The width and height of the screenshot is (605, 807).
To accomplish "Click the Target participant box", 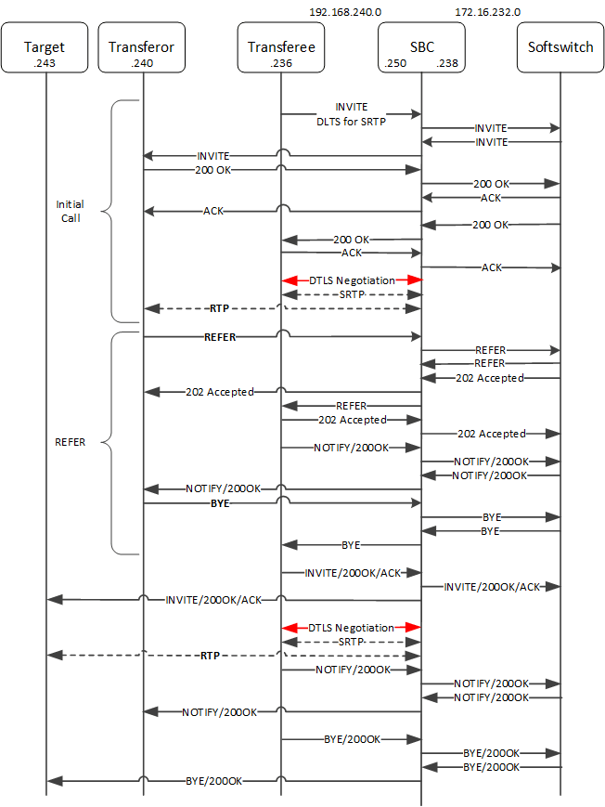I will click(x=45, y=52).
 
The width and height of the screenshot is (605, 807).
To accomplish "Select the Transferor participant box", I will click(x=141, y=52).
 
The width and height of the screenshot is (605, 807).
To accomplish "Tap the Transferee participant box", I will click(x=281, y=52).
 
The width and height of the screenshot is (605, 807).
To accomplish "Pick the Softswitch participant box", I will click(x=560, y=52).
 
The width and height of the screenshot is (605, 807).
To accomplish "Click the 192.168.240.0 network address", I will click(x=345, y=12).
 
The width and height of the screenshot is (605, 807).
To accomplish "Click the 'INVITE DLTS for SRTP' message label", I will click(x=352, y=113).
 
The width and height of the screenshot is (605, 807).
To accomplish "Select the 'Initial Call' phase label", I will click(x=69, y=211).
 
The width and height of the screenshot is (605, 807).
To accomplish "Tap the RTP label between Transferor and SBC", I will click(x=219, y=308).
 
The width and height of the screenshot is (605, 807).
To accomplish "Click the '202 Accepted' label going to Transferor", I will click(x=220, y=392).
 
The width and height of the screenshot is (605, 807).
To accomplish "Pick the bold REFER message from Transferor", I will click(x=220, y=337).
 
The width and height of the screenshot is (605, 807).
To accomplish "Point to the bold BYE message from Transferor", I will click(x=220, y=502).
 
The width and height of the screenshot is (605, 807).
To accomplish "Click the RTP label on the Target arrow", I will click(x=212, y=656).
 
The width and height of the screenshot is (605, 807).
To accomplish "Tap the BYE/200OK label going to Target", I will click(x=214, y=782).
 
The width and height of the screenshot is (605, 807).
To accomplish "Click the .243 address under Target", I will click(x=45, y=62).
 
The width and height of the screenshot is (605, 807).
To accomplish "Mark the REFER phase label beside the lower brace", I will click(x=71, y=442).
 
